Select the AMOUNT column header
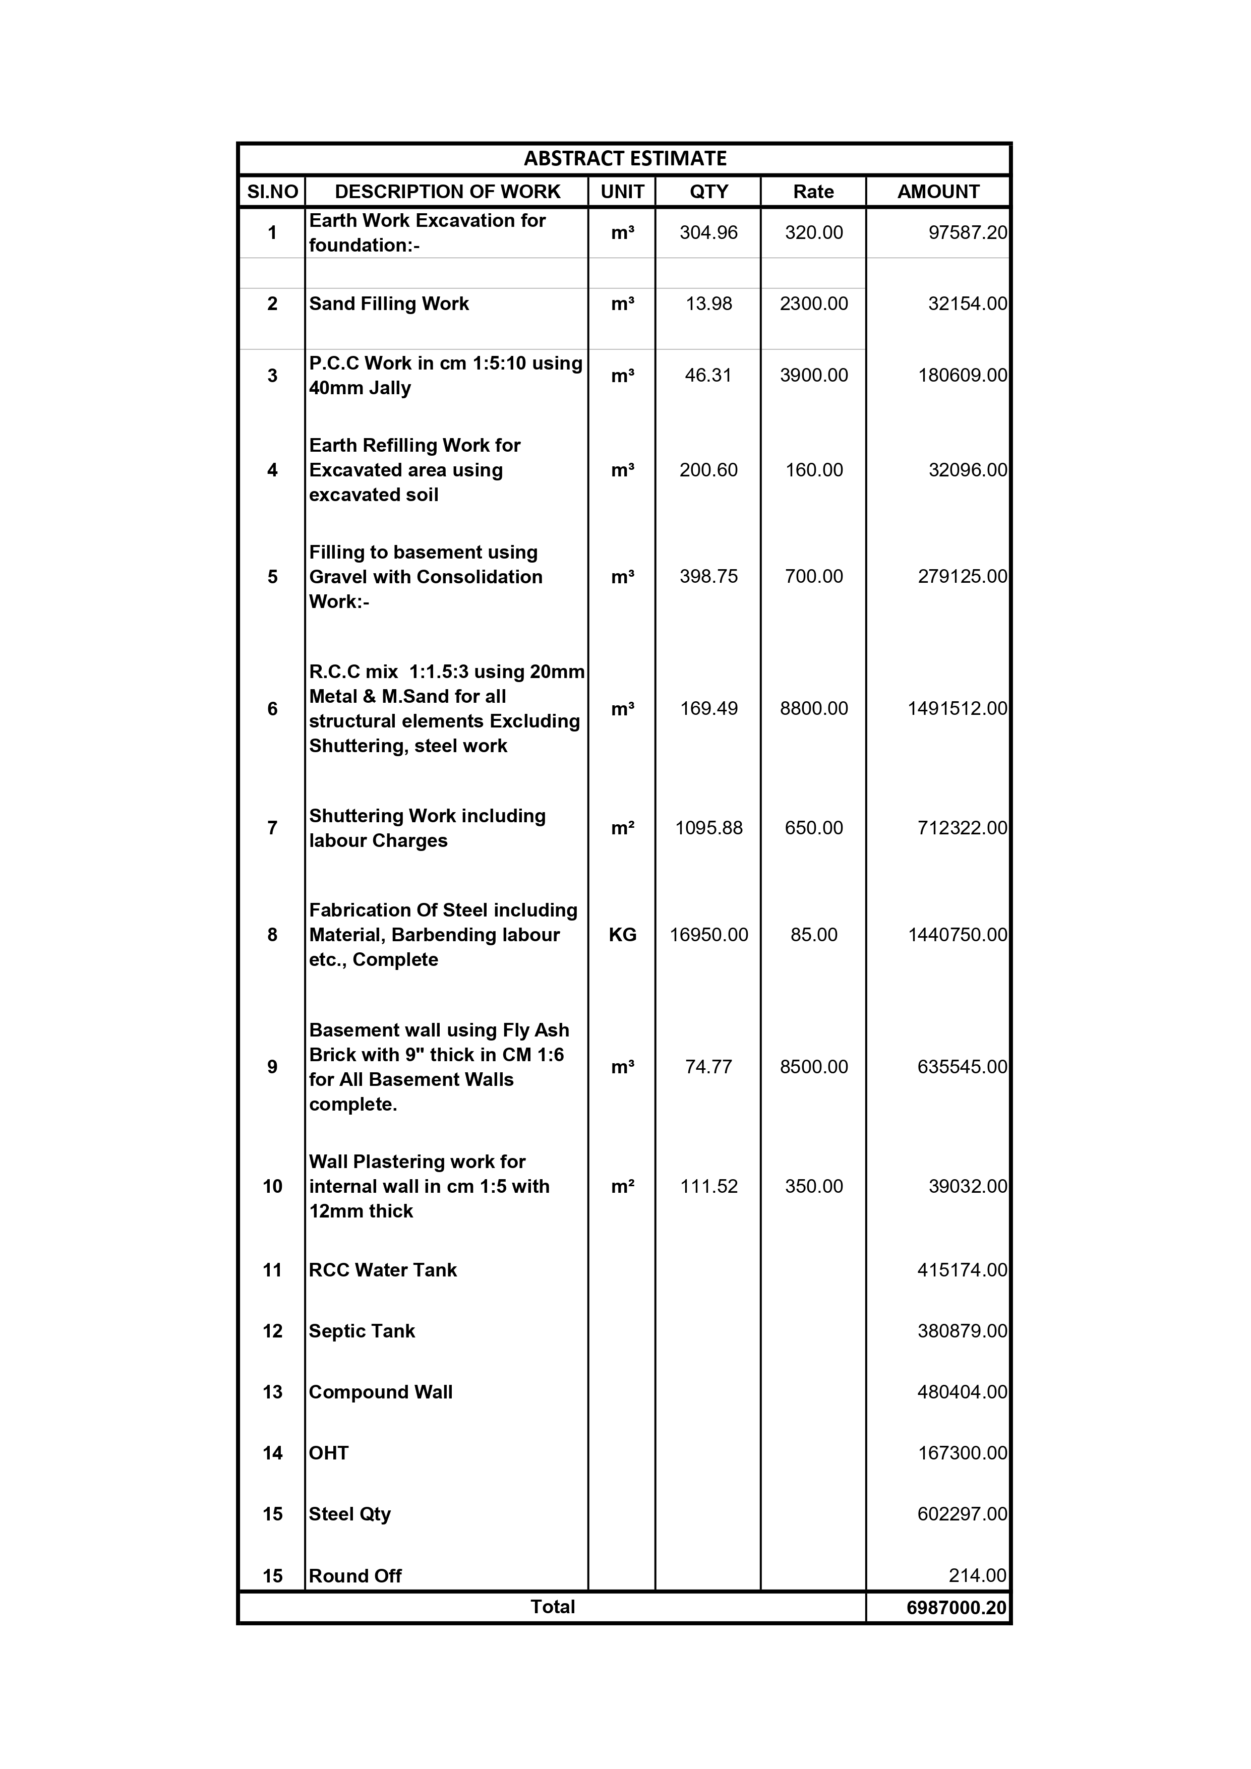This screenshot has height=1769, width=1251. [x=937, y=192]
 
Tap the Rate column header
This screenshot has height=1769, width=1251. [x=813, y=192]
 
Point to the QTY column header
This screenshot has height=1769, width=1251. [x=708, y=192]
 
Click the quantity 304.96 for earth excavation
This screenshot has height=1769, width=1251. [x=708, y=233]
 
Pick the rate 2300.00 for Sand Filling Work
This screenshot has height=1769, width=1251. [x=813, y=303]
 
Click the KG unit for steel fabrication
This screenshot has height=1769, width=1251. [x=622, y=935]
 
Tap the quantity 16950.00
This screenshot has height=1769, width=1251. [x=708, y=935]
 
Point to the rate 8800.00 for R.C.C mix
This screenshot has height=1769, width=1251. [x=813, y=708]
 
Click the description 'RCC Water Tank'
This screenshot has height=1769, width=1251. [x=383, y=1270]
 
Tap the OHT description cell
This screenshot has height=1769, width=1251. [x=329, y=1452]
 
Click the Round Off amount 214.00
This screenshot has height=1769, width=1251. [x=977, y=1575]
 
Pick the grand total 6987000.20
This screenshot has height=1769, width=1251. [x=957, y=1608]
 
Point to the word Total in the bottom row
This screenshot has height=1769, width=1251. [x=553, y=1607]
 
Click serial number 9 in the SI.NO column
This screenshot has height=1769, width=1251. [x=272, y=1067]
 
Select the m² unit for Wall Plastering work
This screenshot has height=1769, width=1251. [x=622, y=1187]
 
